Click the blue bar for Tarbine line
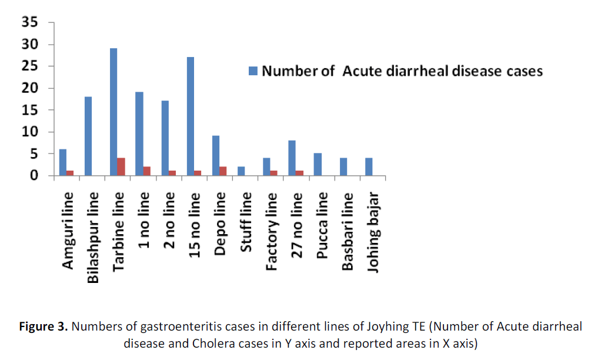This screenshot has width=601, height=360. coord(113,112)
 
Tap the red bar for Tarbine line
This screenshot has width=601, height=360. coord(121,166)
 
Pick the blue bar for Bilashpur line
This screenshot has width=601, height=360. coord(88,136)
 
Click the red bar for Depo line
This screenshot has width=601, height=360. coord(223,171)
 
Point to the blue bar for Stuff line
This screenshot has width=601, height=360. coord(241,171)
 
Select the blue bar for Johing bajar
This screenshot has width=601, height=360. coord(369,167)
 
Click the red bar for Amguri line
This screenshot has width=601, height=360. coord(69,173)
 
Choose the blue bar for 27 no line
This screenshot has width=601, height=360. coord(292,158)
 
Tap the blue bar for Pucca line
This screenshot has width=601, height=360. coord(318,165)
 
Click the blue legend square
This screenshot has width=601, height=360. coord(253,71)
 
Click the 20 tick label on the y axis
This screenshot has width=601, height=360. coord(30,88)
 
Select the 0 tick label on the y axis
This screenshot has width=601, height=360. coord(34,175)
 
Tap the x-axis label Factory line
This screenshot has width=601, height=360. coord(272,231)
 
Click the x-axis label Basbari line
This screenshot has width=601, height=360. coord(348,231)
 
